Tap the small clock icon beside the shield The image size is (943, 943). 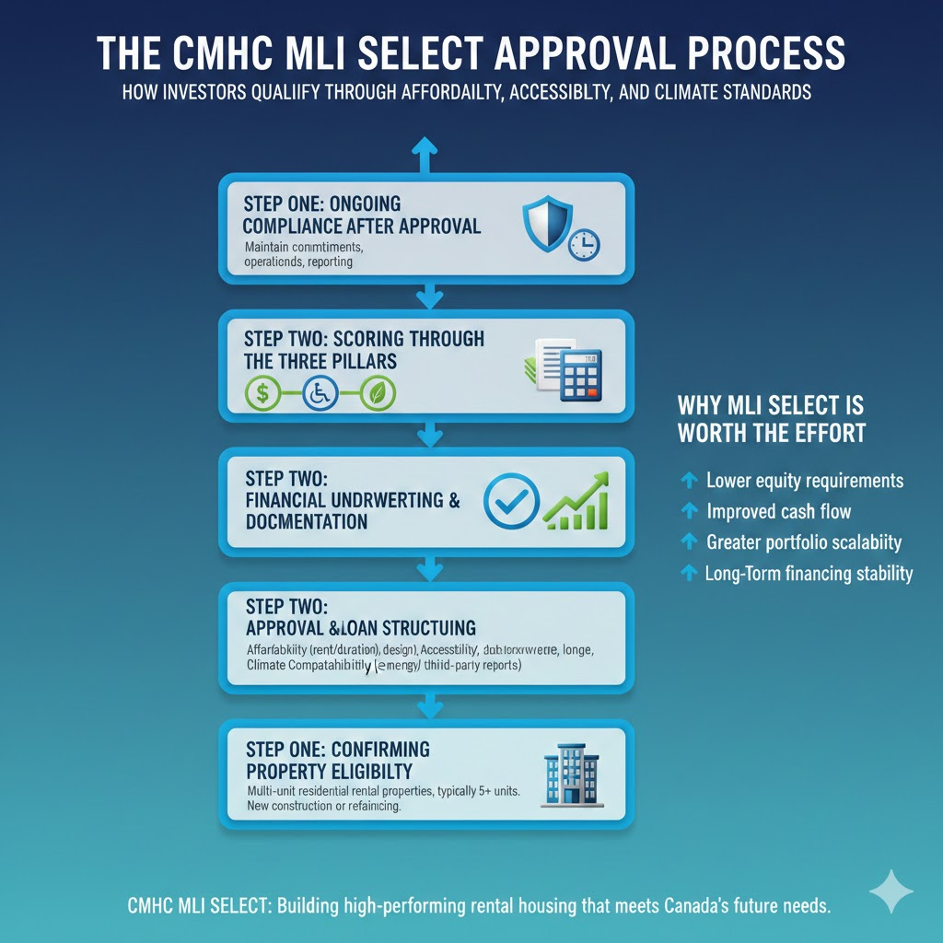tap(583, 245)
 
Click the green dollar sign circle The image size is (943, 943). tap(262, 393)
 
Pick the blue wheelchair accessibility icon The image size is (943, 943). tap(320, 393)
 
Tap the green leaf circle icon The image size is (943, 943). tap(378, 393)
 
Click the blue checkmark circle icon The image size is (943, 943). tap(510, 499)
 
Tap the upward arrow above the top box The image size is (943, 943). tap(425, 156)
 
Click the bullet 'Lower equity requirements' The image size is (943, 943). tap(804, 481)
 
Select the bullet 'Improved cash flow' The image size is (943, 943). tap(778, 511)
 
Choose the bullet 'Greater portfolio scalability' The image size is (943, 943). tap(803, 542)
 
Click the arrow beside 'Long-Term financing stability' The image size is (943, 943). tap(687, 573)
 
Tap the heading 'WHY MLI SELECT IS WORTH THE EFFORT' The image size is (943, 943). tap(772, 419)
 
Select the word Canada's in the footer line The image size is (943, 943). tap(703, 906)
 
